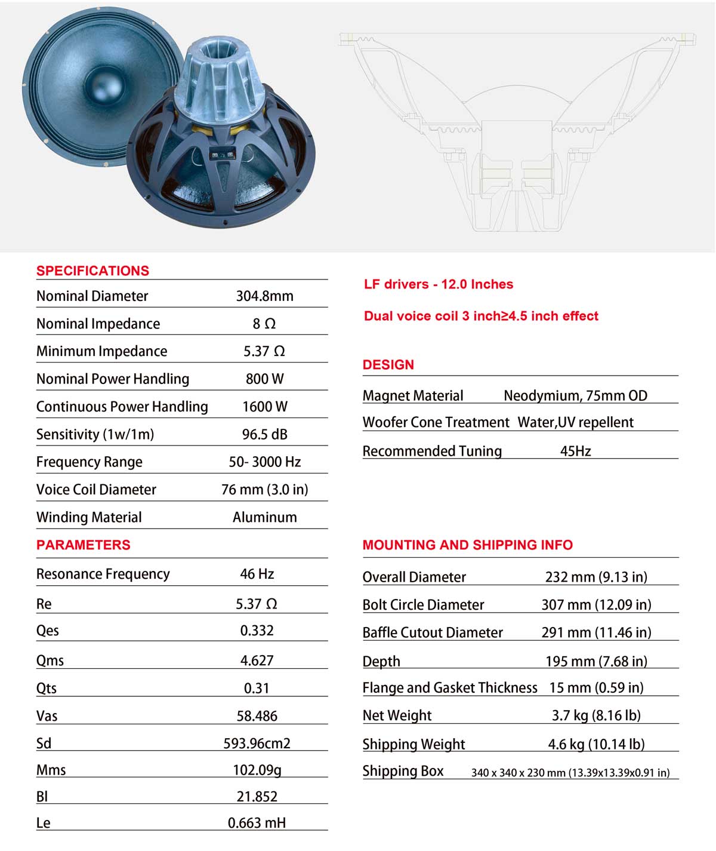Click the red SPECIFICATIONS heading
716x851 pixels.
(x=92, y=271)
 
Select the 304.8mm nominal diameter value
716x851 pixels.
(x=264, y=296)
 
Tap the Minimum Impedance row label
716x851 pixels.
(x=101, y=351)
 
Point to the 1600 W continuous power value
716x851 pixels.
(x=264, y=407)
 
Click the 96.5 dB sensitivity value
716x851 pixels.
(x=264, y=434)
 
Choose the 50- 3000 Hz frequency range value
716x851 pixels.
(x=264, y=462)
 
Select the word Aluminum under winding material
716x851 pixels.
(x=264, y=517)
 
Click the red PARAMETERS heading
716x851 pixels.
(x=83, y=545)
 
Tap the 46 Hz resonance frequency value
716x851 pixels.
(x=257, y=574)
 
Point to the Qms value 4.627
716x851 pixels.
(x=257, y=660)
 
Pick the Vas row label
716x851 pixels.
(x=47, y=716)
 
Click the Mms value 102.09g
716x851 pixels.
(x=257, y=770)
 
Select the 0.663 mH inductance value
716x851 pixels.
(x=257, y=823)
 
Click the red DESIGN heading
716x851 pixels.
(x=388, y=365)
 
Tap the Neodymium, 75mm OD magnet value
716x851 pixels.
(x=575, y=395)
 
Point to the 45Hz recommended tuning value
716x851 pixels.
(x=575, y=451)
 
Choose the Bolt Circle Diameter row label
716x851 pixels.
(x=423, y=604)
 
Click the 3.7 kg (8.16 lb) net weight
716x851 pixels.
(x=596, y=715)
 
